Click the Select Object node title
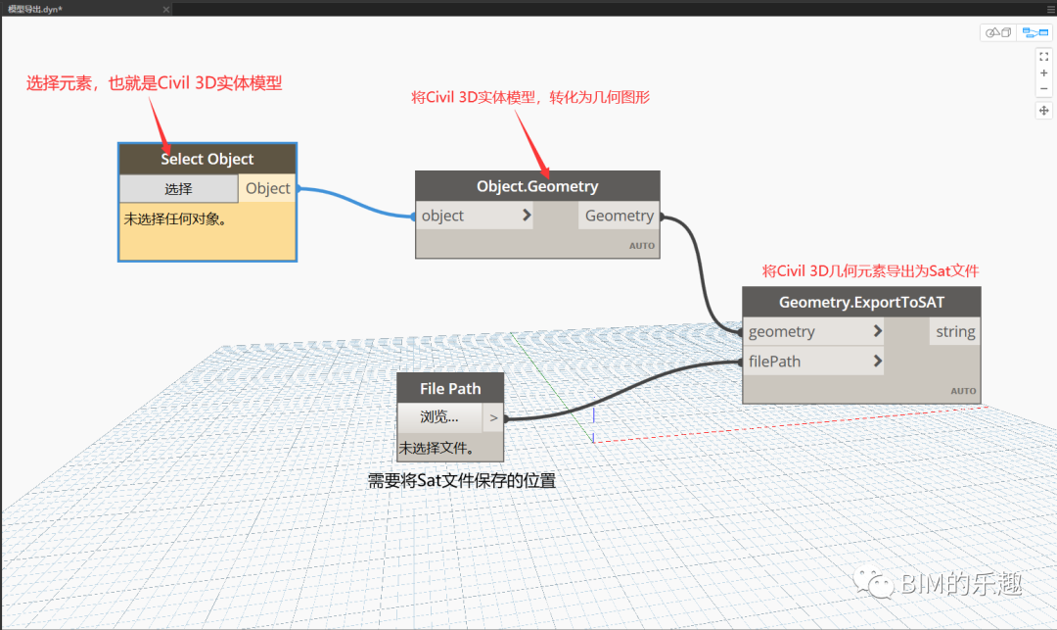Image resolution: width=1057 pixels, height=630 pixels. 207,159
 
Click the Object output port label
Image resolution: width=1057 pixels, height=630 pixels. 267,188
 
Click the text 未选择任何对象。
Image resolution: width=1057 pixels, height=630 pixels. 175,218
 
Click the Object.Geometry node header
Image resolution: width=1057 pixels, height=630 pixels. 537,186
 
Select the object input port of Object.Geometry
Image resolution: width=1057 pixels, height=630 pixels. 474,216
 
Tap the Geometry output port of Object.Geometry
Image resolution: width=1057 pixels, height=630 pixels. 619,216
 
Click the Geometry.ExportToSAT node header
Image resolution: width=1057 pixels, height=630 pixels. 861,302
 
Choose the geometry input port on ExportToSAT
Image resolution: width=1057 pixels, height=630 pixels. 813,331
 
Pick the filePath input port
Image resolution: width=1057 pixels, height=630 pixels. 813,361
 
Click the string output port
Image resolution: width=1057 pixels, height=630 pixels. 954,331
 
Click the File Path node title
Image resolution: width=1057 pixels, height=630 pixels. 450,388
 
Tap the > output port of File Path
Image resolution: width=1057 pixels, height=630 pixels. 493,417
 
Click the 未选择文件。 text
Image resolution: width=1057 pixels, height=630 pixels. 437,449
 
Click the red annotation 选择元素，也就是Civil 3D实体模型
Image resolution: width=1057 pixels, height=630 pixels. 154,83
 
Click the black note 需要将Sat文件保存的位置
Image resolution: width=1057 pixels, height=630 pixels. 461,481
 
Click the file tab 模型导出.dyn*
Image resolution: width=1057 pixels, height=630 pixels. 36,8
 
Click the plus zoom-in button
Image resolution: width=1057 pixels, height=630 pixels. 1044,73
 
